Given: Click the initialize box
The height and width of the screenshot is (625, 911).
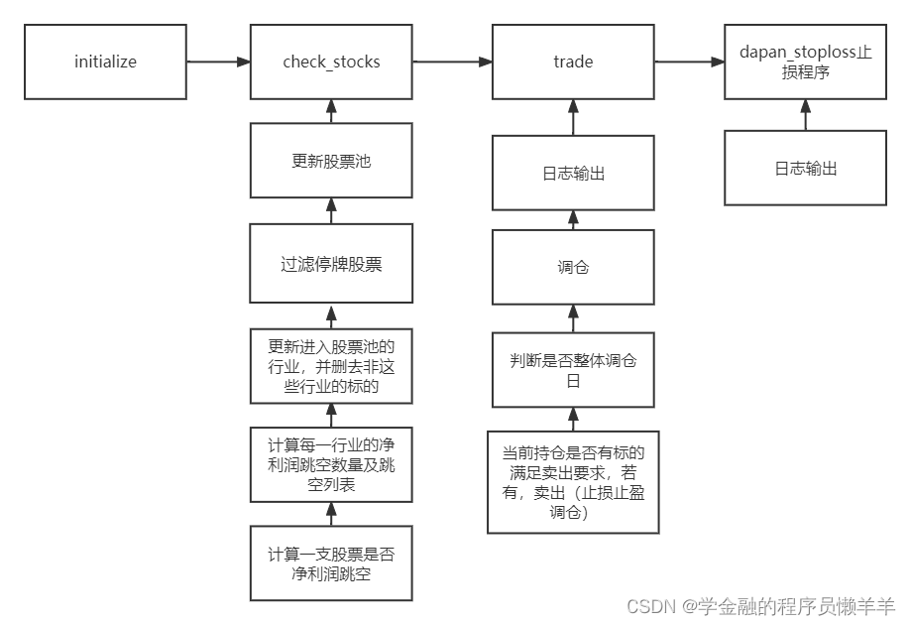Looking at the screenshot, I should coord(105,62).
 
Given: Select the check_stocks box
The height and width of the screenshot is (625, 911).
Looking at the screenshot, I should coord(331,62).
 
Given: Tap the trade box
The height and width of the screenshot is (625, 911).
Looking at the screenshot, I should coord(573,62).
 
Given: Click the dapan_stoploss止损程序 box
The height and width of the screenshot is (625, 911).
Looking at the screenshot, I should coord(805,62).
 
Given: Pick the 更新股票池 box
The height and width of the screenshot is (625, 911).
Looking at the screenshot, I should coord(331,160).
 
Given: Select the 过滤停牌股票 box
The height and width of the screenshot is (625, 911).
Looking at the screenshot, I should coord(331,264).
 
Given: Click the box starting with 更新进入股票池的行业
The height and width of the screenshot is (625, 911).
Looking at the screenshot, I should coord(331,367).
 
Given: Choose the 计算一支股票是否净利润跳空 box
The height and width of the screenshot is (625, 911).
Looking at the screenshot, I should coord(331,562).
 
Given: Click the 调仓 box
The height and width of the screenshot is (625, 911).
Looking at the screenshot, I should coord(573,268).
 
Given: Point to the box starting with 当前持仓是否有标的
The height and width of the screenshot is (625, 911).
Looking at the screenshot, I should coord(573,482).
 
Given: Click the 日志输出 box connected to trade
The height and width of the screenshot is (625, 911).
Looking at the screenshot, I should coord(573,173).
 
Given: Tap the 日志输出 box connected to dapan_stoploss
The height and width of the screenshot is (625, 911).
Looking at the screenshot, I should coord(805,168).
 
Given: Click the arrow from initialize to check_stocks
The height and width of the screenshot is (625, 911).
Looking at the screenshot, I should coord(218,62).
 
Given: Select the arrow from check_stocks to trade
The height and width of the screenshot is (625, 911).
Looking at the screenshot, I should coord(452,62).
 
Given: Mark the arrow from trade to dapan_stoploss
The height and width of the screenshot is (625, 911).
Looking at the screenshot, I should coord(689,62).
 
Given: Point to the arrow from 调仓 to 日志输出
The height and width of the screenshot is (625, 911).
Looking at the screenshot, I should coord(573,220).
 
